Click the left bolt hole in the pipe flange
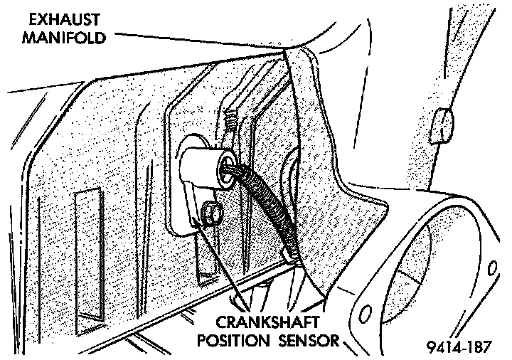pos(365,314)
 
